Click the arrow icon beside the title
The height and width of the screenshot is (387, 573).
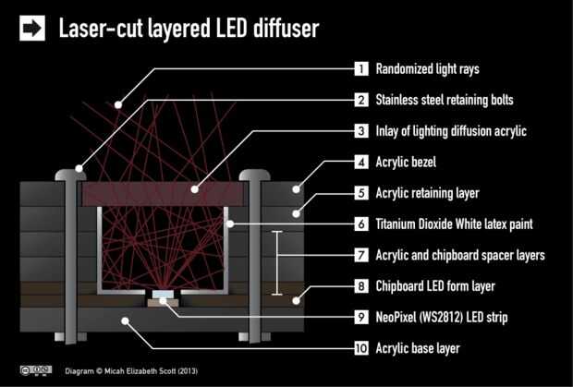[x=32, y=28]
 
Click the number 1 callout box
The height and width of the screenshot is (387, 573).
[x=361, y=68]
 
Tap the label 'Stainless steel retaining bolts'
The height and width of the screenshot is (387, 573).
[x=445, y=100]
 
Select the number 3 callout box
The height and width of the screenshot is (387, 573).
[x=361, y=131]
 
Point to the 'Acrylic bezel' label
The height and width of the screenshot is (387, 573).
[x=406, y=163]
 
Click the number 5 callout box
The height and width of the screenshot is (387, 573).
[x=361, y=193]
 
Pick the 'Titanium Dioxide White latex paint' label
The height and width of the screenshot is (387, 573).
[x=454, y=224]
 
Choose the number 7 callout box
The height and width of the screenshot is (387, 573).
[x=361, y=255]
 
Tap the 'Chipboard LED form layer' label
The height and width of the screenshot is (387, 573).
[x=435, y=286]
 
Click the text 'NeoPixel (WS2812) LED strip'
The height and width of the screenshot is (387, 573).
[x=442, y=318]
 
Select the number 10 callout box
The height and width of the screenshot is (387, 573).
[x=361, y=348]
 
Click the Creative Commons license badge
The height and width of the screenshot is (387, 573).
[x=36, y=370]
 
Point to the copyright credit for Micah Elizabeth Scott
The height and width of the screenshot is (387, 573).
[x=131, y=371]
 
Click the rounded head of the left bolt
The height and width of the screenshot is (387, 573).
[x=70, y=175]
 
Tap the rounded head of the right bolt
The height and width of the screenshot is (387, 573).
[x=255, y=175]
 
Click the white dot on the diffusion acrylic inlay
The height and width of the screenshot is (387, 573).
[x=195, y=189]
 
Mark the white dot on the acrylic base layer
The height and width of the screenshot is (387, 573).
[x=126, y=320]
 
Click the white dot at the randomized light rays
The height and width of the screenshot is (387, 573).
[x=118, y=104]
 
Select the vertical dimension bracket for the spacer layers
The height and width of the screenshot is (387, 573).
[x=277, y=263]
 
